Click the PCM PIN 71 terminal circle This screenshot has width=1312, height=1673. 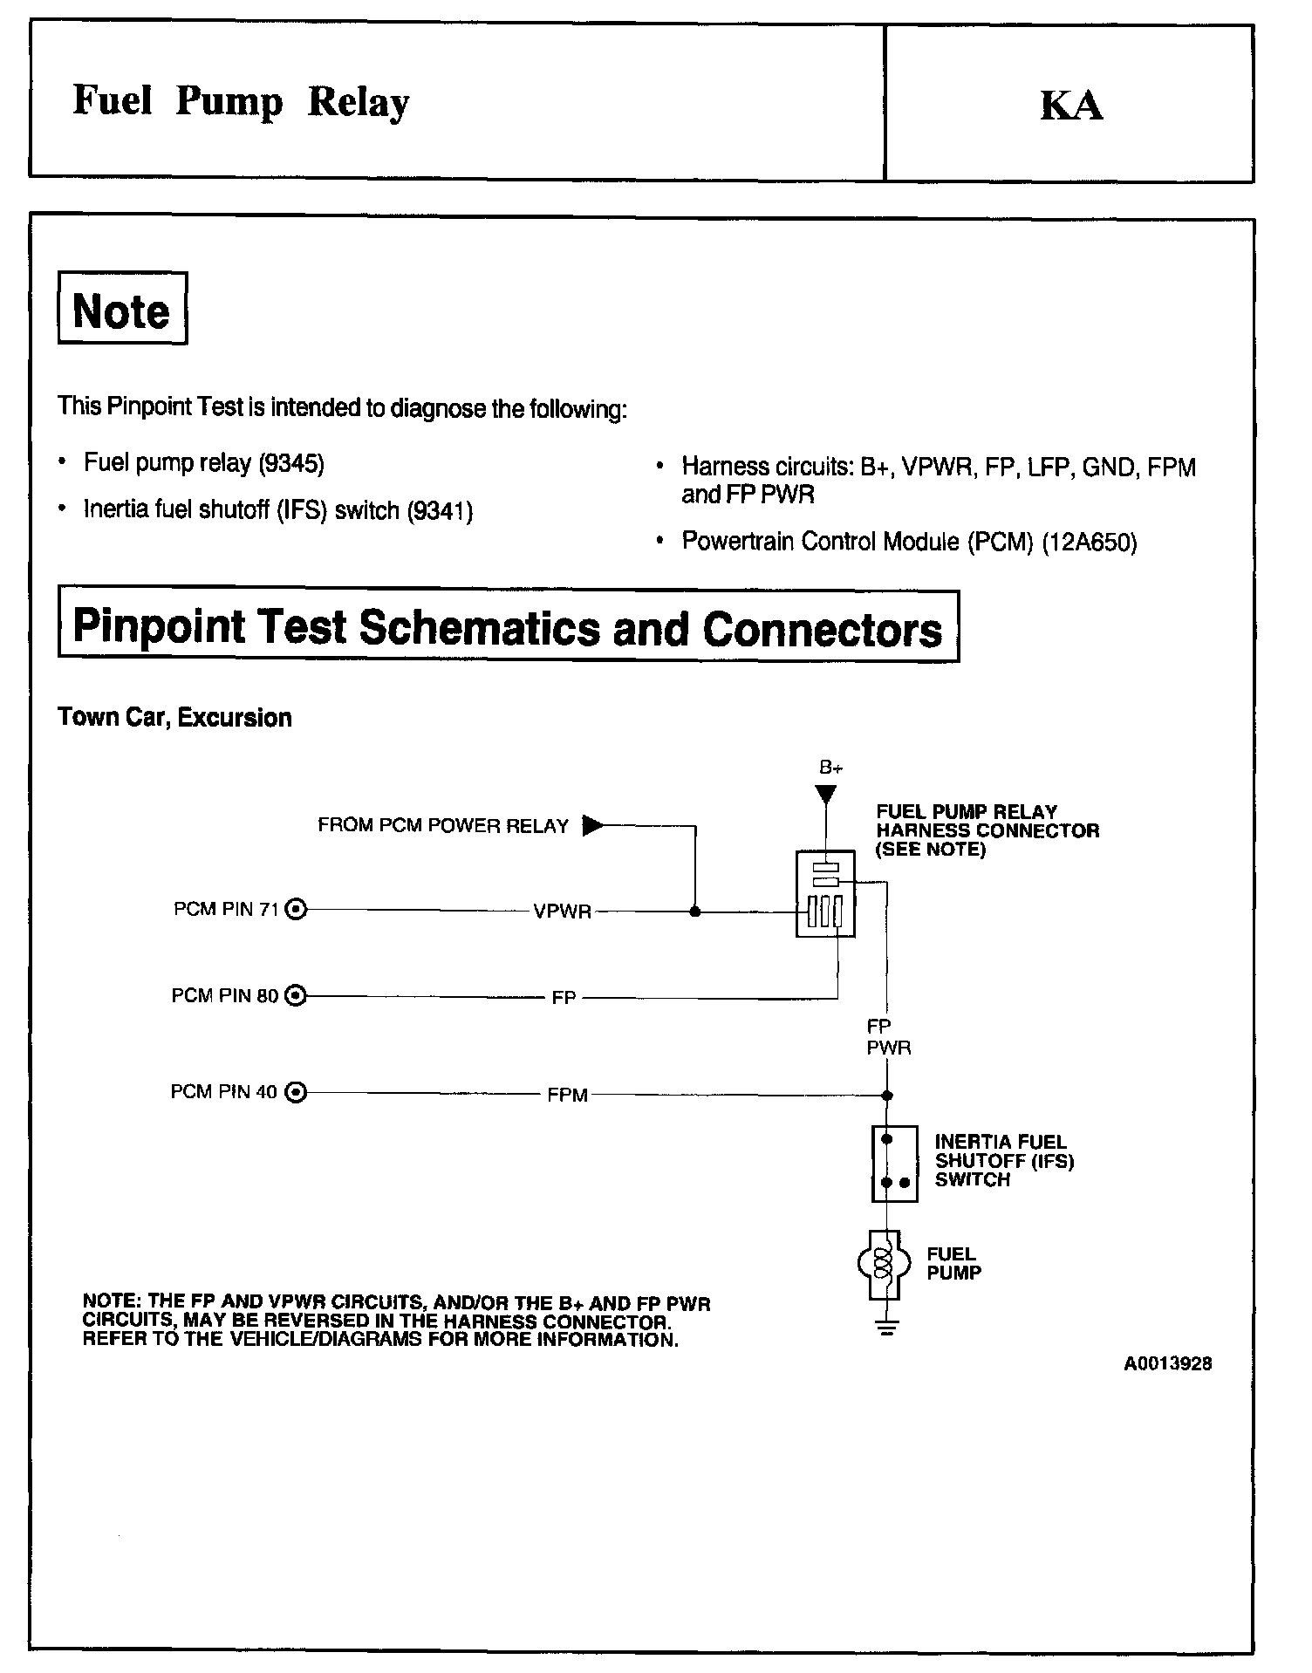tap(297, 910)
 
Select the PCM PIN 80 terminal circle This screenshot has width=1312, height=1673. tap(297, 995)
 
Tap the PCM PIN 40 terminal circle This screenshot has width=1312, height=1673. tap(297, 1092)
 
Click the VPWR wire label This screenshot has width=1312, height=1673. tap(563, 912)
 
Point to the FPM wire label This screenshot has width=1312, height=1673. tap(568, 1094)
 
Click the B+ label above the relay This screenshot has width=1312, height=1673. tap(830, 768)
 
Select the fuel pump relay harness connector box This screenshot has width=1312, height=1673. tap(825, 893)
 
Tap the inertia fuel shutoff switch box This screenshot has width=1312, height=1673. tap(894, 1164)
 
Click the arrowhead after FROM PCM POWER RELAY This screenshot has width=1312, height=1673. tap(592, 824)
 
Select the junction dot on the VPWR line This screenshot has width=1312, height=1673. tap(695, 912)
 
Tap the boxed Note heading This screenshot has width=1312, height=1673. tap(122, 309)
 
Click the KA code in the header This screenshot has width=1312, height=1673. tap(1071, 106)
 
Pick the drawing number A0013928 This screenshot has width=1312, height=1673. tap(1168, 1363)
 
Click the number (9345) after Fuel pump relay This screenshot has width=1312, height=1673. tap(291, 463)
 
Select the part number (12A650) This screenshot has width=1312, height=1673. tap(1090, 543)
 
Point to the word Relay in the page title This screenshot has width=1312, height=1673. tap(359, 103)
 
